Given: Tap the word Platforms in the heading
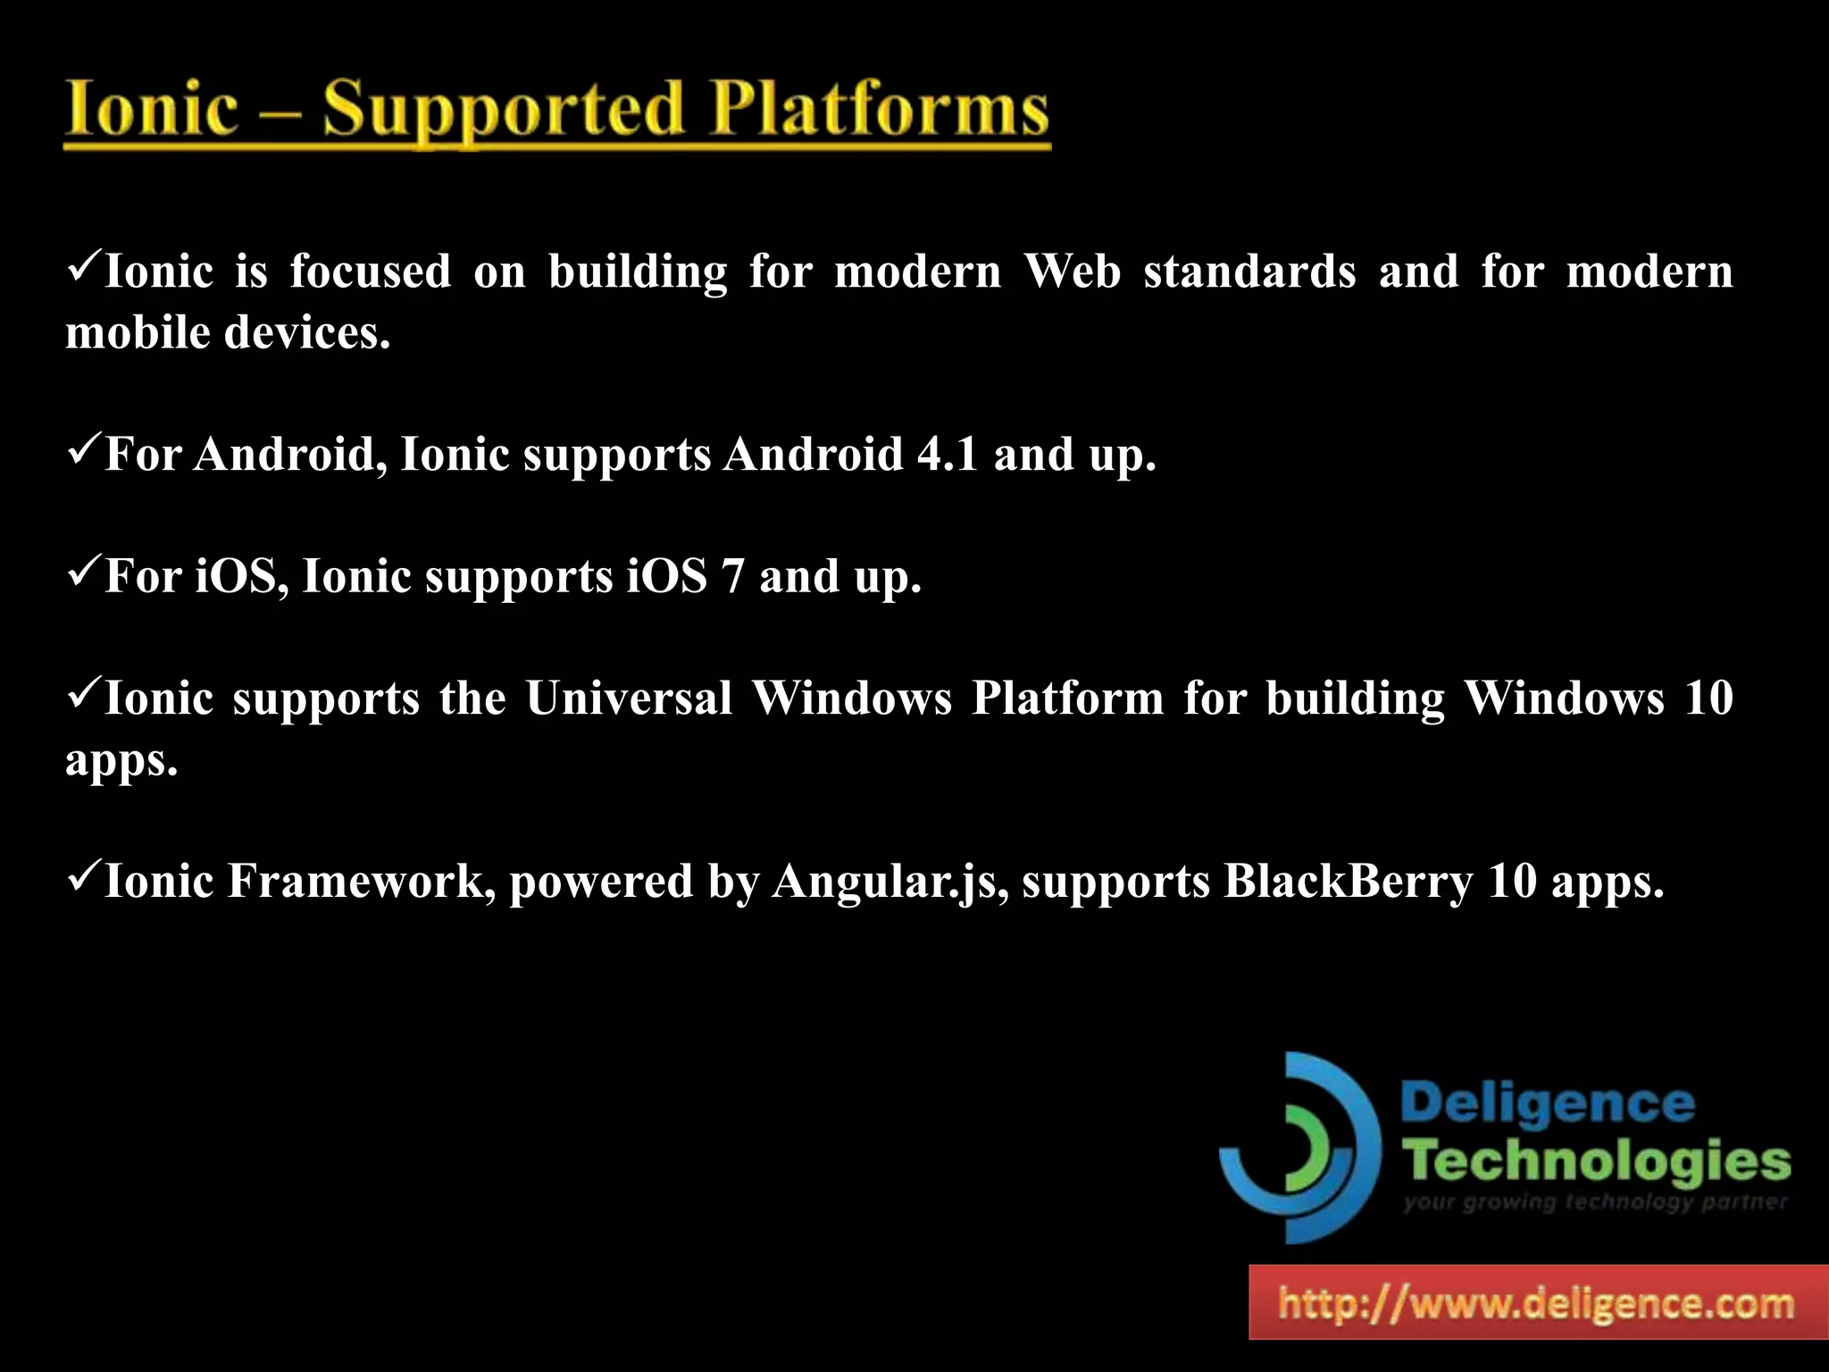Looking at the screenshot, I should [879, 110].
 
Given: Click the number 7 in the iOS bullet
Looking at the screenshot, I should [732, 576].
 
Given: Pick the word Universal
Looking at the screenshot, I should [629, 698].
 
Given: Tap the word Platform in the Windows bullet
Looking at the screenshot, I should [1068, 698].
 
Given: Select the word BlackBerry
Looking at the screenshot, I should [1348, 881].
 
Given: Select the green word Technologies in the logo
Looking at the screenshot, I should [1596, 1161].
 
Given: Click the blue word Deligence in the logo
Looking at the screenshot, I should [1548, 1104].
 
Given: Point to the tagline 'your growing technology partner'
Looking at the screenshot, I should [1595, 1202].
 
